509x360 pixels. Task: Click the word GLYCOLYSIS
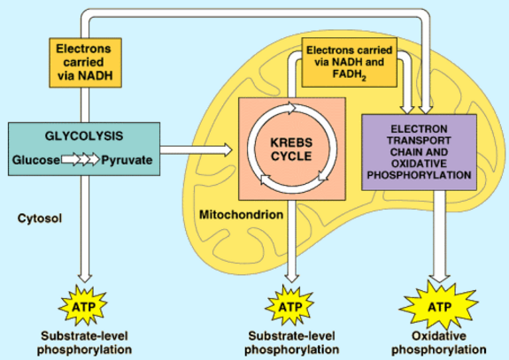tap(84, 135)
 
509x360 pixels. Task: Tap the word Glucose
tap(36, 160)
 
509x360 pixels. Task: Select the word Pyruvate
tap(127, 160)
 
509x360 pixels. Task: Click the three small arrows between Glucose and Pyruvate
tap(81, 159)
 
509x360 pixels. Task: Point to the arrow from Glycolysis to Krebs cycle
tap(196, 149)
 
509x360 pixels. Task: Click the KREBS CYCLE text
tap(291, 149)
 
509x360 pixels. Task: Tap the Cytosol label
tap(40, 218)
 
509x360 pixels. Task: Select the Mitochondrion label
tap(241, 215)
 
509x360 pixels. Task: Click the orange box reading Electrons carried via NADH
tap(85, 63)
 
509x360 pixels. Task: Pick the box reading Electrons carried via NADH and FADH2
tap(350, 62)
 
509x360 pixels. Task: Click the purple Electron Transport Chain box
tap(419, 152)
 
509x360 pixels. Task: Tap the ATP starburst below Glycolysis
tap(83, 306)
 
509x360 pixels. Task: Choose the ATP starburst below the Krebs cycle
tap(290, 306)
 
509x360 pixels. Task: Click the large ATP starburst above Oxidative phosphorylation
tap(439, 306)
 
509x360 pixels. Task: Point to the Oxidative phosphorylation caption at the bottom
tap(439, 343)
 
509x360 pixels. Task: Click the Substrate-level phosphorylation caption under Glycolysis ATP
tap(84, 343)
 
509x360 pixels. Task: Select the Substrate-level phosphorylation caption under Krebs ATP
tap(291, 343)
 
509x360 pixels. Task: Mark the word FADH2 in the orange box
tap(350, 75)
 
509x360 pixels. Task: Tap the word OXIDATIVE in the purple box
tap(419, 164)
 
